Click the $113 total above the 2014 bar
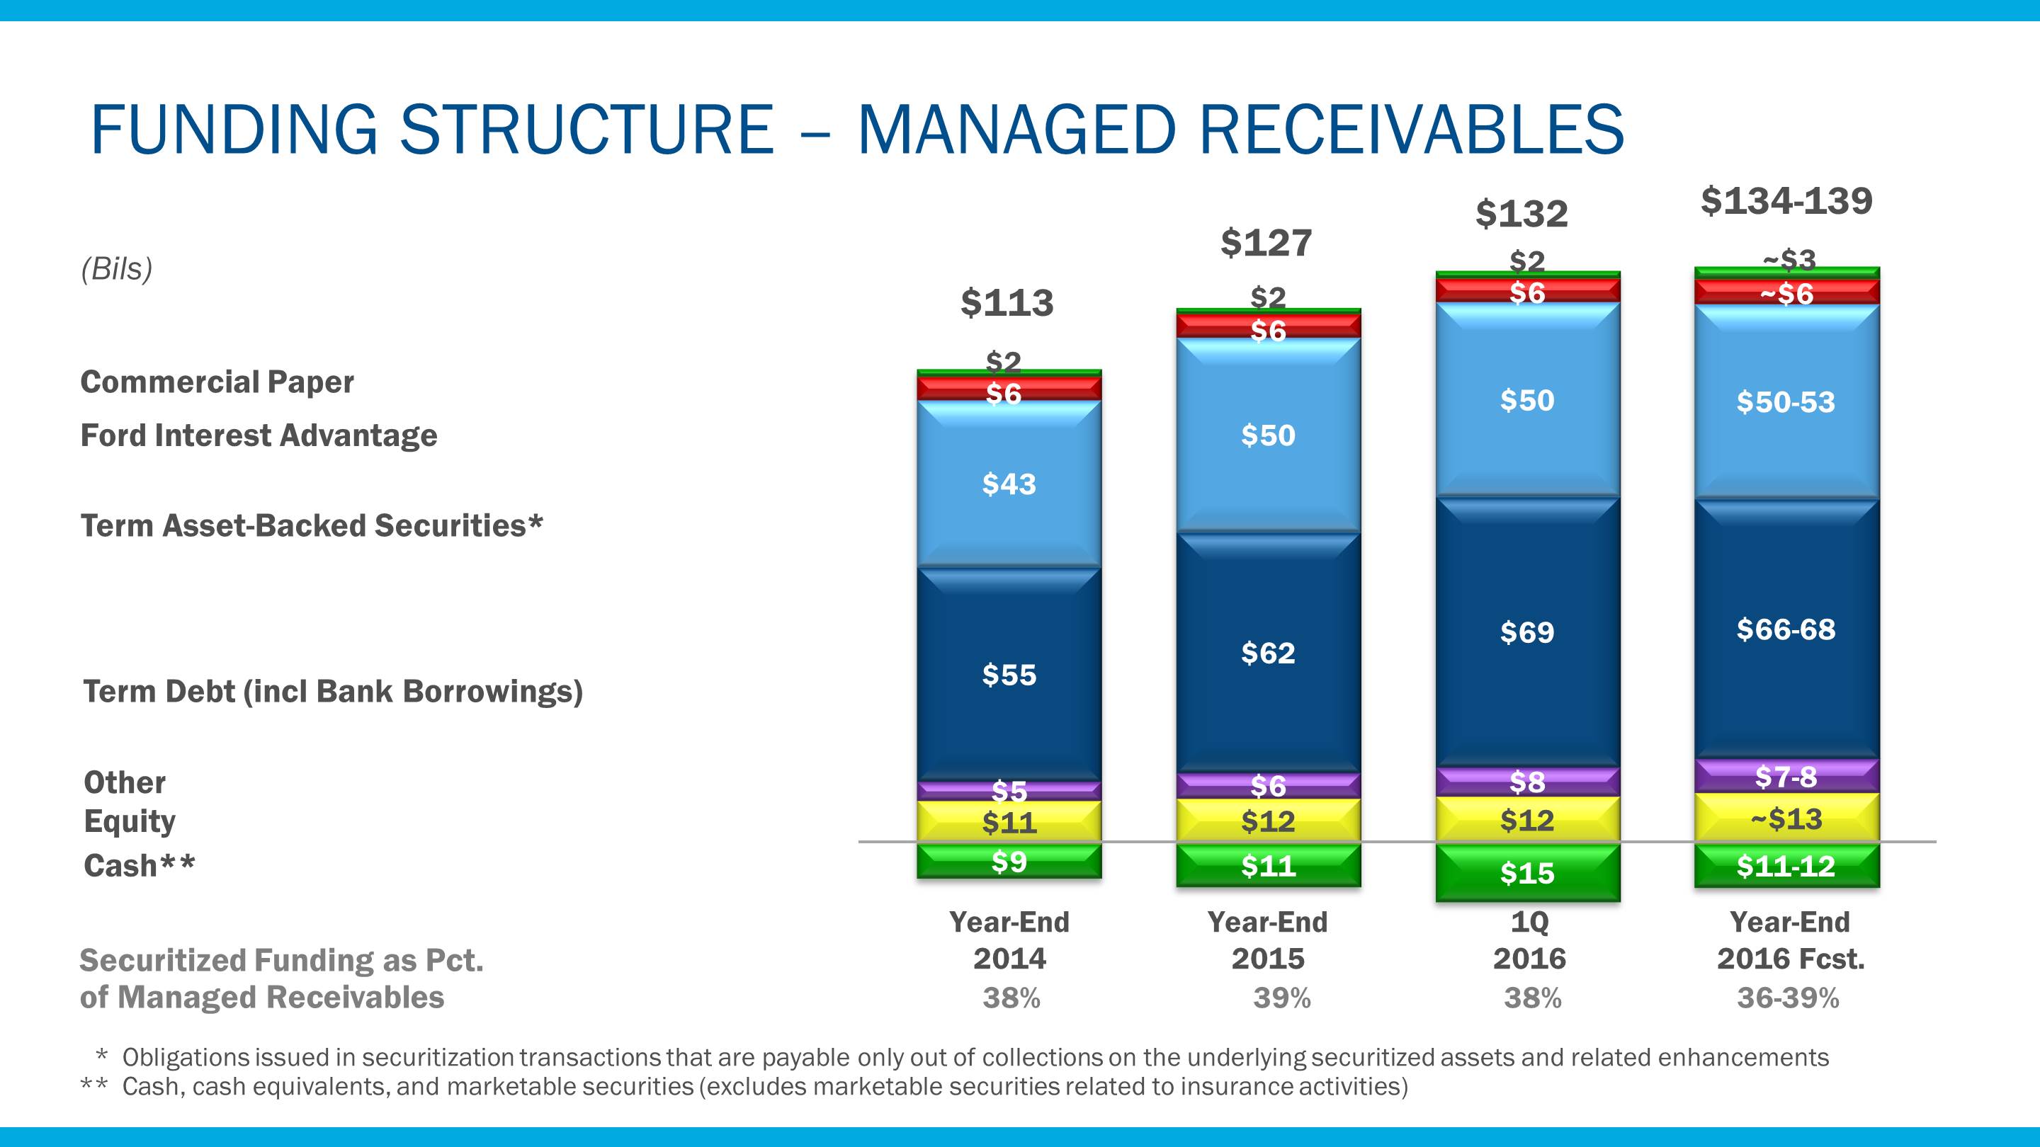coord(1007,303)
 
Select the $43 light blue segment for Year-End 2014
coord(1009,484)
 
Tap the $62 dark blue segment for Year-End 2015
coord(1268,653)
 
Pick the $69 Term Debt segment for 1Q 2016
coord(1527,632)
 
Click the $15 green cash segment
coord(1527,873)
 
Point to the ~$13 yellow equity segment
coord(1786,818)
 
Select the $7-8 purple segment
coord(1786,777)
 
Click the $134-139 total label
coord(1786,201)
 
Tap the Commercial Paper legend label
coord(217,382)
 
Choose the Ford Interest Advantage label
coord(259,435)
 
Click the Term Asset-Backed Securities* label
coord(312,525)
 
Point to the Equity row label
coord(130,821)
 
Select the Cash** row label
coord(140,866)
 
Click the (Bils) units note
coord(116,269)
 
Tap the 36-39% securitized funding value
coord(1787,998)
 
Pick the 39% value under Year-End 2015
coord(1281,998)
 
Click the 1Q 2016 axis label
coord(1529,940)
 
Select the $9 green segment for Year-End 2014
coord(1009,861)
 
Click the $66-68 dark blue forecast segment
coord(1786,630)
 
